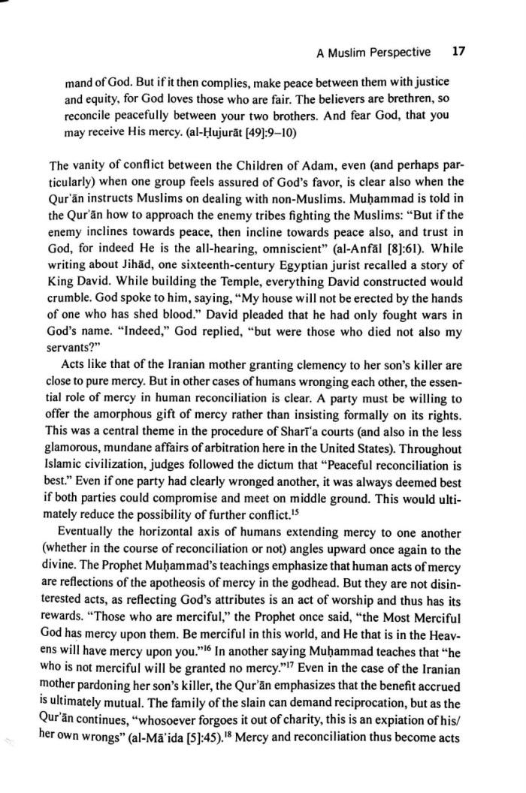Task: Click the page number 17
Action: (x=460, y=53)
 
